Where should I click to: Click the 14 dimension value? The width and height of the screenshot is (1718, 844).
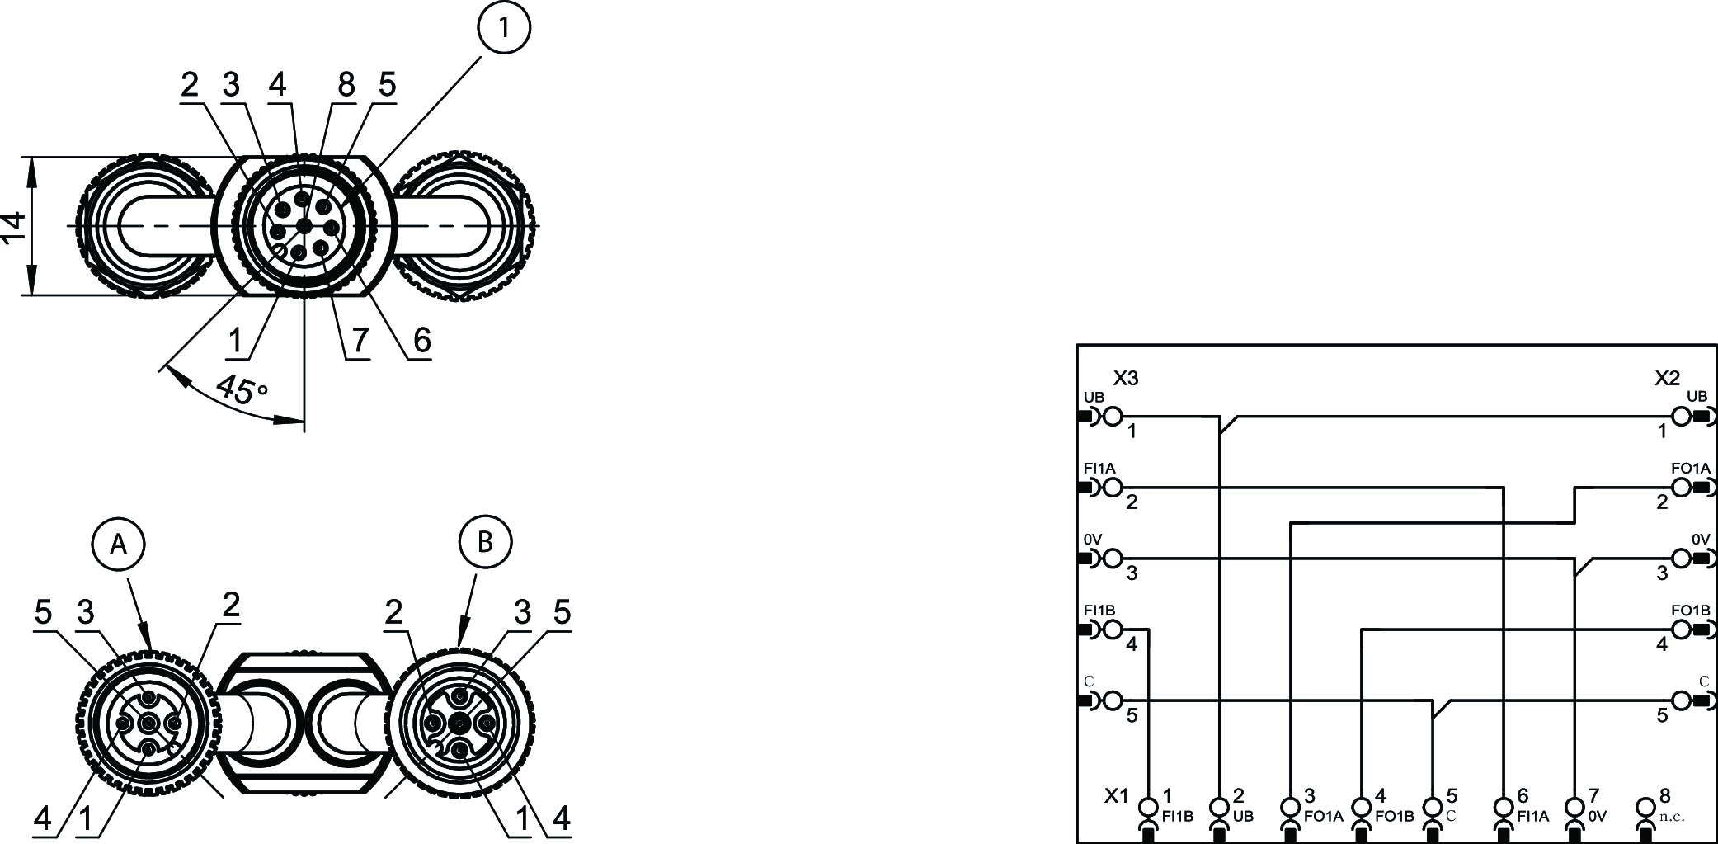(x=14, y=226)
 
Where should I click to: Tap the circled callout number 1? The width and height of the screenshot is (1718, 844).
(x=502, y=28)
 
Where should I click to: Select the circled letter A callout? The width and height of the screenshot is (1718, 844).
(x=119, y=544)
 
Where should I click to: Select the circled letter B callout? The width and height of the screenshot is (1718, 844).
(x=485, y=542)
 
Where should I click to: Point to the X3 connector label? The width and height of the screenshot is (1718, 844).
(x=1126, y=379)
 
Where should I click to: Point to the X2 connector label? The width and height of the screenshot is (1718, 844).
(x=1667, y=379)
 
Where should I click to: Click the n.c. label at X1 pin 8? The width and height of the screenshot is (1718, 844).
(x=1672, y=817)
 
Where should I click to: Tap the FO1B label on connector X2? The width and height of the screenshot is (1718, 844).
(x=1690, y=611)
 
